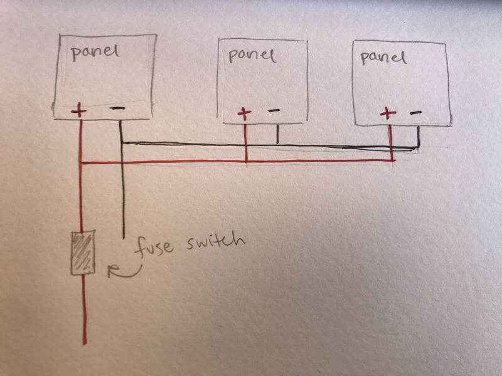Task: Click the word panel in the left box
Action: pos(95,53)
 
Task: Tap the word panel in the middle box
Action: pos(252,56)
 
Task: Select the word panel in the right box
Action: pos(383,58)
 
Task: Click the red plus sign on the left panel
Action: pos(79,111)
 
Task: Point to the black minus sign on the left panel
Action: pos(117,108)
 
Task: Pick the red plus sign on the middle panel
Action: pos(244,113)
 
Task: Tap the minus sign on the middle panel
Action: pos(274,111)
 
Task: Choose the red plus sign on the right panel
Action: pos(388,113)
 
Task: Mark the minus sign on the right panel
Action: pos(415,112)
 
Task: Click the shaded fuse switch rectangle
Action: pos(83,253)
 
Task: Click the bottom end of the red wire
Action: pos(85,343)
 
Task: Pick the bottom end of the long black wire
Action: pos(124,238)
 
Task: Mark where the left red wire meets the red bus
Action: pos(82,163)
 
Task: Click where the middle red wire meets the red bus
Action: pos(245,162)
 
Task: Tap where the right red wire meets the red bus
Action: pos(392,160)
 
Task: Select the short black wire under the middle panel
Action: pos(277,134)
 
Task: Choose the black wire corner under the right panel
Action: pos(418,147)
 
